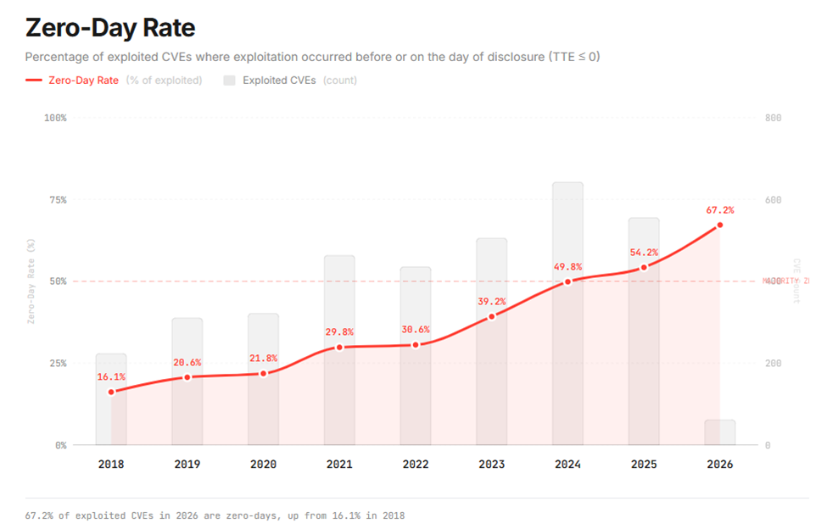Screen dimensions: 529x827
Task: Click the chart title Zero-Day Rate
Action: click(110, 28)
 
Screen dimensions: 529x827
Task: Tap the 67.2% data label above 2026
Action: click(720, 209)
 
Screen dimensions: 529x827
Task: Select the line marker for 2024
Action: click(567, 281)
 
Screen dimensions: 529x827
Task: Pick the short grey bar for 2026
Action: click(720, 432)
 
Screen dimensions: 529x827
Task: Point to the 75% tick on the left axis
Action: click(54, 200)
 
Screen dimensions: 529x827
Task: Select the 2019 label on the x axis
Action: click(187, 465)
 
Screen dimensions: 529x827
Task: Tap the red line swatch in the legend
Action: click(34, 81)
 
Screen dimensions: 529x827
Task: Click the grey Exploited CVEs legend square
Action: click(229, 81)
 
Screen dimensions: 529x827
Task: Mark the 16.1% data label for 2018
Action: click(110, 376)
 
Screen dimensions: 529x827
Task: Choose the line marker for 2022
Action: click(416, 345)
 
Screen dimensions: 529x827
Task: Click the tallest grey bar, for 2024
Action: click(567, 229)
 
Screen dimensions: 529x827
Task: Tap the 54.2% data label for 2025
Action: click(644, 253)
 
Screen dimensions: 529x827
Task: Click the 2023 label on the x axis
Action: click(491, 465)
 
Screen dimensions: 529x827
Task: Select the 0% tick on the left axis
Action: click(58, 445)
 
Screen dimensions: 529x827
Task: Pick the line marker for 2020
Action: click(263, 373)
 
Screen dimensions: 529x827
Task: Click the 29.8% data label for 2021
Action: click(339, 332)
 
